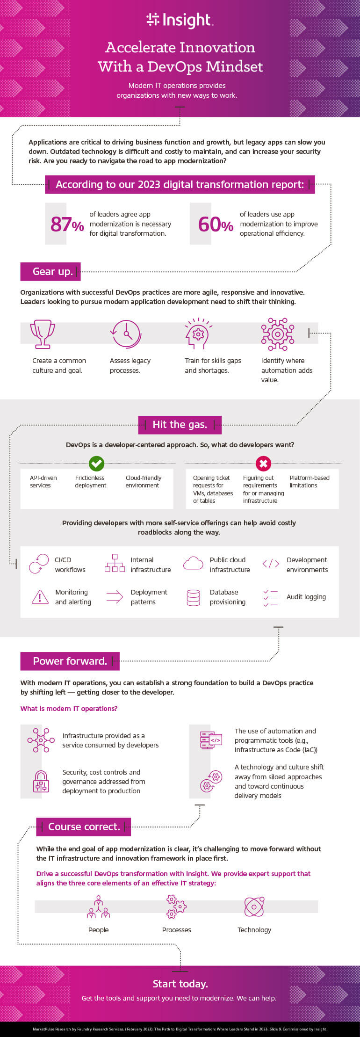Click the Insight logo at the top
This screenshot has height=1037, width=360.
pos(180,20)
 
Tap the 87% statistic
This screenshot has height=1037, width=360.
pos(67,224)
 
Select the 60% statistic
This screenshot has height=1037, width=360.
pos(216,224)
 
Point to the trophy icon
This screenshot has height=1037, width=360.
pos(43,334)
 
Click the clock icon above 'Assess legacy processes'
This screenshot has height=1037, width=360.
pos(126,334)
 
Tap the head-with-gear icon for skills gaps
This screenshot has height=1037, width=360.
pos(198,334)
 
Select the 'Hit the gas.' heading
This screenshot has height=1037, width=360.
pos(180,425)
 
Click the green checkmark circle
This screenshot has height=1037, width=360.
pos(96,464)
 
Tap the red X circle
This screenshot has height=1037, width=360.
pos(264,464)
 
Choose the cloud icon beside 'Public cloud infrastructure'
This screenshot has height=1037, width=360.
pos(193,563)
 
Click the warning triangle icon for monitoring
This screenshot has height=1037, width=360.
pos(40,597)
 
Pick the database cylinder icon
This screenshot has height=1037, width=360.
pos(194,597)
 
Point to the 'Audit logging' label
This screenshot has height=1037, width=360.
pos(306,597)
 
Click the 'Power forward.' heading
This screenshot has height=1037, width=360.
pos(70,661)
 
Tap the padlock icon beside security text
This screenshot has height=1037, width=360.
pos(41,781)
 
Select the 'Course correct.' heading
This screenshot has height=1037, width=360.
pos(84,827)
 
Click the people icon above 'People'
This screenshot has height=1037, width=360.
pos(99,906)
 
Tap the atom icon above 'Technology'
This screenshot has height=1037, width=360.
pos(254,907)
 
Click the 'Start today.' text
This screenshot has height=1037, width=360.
pos(180,984)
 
